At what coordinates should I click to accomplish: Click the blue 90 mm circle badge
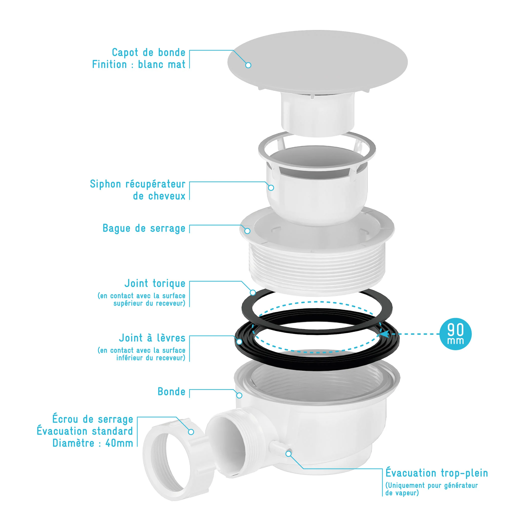[x=455, y=334]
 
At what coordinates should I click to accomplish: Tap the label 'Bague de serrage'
[x=144, y=228]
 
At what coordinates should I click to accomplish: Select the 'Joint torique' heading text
[x=155, y=283]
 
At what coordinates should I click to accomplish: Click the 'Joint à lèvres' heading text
[x=152, y=338]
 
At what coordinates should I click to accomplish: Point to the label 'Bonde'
[x=172, y=392]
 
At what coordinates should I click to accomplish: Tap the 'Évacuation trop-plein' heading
[x=437, y=473]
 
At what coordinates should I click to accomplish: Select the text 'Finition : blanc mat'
[x=139, y=65]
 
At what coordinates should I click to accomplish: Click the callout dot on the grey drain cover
[x=248, y=65]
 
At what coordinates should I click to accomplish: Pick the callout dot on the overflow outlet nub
[x=289, y=454]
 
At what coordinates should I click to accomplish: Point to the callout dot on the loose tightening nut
[x=191, y=432]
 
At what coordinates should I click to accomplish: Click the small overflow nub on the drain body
[x=280, y=448]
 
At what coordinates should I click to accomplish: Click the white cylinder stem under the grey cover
[x=318, y=114]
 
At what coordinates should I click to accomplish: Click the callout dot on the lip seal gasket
[x=239, y=342]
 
